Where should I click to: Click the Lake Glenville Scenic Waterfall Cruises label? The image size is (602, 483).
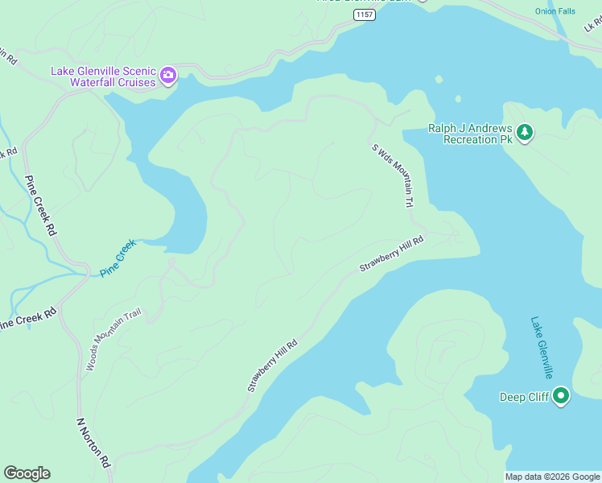coord(104,76)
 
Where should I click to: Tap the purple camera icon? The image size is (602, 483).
coord(168,76)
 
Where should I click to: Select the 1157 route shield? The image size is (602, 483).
coord(365,14)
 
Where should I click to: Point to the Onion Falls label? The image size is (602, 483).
coord(555,11)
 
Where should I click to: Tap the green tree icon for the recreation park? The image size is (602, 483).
coord(525,132)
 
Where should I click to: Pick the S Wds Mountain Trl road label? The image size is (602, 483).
coord(395,175)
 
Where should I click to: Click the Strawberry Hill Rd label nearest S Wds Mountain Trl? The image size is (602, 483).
coord(391,254)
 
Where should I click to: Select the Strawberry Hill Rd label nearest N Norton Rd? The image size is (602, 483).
coord(273,365)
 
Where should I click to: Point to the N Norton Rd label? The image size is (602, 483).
coord(93,442)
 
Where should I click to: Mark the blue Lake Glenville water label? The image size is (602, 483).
coord(542,348)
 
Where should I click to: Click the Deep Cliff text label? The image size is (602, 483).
coord(524,397)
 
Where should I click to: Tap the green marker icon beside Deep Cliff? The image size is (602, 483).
coord(561,396)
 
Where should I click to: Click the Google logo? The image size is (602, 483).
coord(27,473)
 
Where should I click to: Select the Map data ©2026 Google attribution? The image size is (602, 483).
coord(552,477)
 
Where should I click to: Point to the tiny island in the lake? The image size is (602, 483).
coord(458,100)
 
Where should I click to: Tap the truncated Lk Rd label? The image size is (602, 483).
coord(592,26)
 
